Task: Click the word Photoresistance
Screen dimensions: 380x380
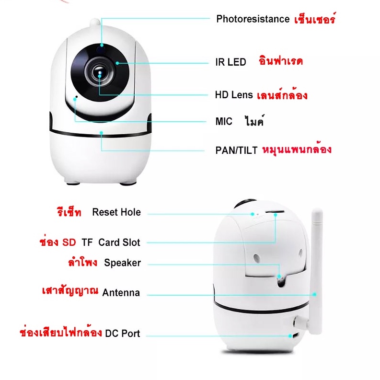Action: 253,19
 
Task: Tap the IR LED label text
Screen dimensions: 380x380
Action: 230,62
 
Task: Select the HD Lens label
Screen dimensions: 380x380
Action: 234,95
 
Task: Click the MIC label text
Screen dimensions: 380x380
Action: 224,121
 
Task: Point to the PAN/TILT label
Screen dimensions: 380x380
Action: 236,150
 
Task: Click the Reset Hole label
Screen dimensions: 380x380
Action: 116,212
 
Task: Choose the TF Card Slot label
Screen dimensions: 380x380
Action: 111,242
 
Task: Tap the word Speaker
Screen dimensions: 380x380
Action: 122,263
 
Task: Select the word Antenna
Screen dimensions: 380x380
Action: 121,292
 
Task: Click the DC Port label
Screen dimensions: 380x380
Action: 123,333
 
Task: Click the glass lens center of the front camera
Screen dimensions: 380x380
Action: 100,73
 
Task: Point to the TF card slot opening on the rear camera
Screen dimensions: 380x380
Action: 275,212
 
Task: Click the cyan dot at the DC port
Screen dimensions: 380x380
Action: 290,336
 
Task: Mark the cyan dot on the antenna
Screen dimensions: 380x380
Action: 314,294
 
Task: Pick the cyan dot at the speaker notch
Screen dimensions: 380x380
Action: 279,276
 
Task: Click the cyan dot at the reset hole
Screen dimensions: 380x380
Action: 253,214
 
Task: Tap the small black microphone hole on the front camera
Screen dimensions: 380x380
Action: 77,97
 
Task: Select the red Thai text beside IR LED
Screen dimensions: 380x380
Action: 281,60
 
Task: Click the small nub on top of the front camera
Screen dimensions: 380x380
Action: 95,23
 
